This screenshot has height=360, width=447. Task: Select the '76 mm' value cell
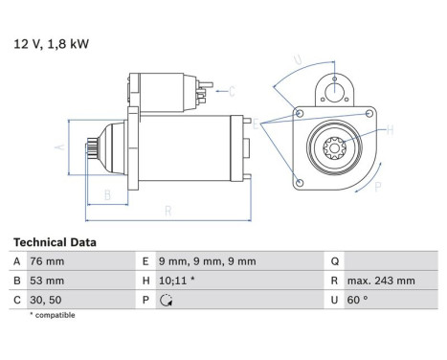[x=49, y=261]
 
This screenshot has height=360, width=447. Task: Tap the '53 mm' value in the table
[x=49, y=281]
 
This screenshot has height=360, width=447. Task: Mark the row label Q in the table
[x=335, y=261]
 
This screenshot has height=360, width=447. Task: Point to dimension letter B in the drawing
[x=106, y=195]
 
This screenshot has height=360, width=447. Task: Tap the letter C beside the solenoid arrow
[x=231, y=91]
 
